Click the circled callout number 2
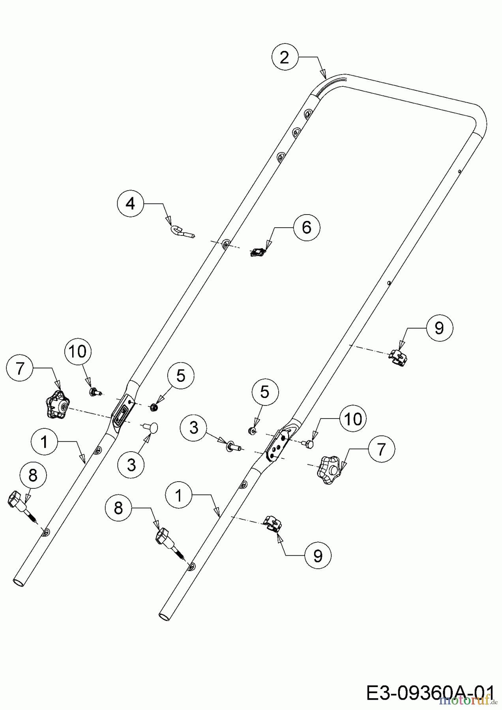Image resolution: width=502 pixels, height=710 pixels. pos(285,58)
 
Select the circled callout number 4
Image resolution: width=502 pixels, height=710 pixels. pos(130,204)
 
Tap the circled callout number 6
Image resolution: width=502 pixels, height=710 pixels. pos(307,227)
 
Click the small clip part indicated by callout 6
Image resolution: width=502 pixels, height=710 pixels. pos(258,252)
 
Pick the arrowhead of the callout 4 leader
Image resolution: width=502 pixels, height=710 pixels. pos(169,220)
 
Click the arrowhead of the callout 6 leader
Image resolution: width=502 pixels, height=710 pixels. pos(270,244)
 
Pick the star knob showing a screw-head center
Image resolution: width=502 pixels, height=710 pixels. pos(58,405)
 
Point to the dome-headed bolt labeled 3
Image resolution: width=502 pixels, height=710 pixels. pos(150,427)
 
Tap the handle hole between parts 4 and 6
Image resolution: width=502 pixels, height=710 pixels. pos(225,244)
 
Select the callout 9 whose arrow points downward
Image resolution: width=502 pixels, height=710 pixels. pos(439,328)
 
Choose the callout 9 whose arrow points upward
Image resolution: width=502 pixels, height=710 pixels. pos(318,555)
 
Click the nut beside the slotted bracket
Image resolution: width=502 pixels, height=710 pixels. pos(154,407)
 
